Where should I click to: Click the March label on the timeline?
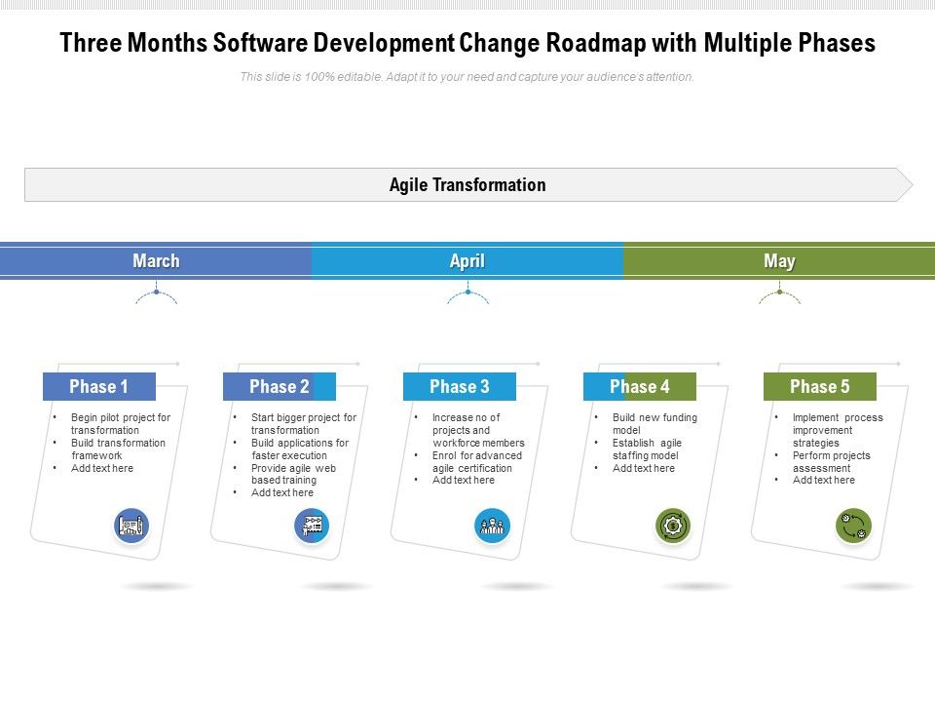156,261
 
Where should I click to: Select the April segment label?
467,261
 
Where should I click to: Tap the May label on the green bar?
779,261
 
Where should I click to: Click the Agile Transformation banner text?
467,185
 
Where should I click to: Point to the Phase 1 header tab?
99,387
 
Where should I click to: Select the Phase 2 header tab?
280,387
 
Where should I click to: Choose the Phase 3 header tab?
460,387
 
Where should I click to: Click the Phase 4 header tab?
640,387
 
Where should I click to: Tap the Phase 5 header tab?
820,387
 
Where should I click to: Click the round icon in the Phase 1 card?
131,526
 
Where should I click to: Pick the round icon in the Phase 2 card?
312,526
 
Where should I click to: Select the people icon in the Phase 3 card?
493,526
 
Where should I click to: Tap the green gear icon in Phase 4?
673,526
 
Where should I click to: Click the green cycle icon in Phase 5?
853,526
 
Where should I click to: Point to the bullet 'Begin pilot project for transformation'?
120,424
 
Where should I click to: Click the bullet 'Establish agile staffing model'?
647,448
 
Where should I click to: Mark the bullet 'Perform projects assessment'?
831,461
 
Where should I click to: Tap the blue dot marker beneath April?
467,292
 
